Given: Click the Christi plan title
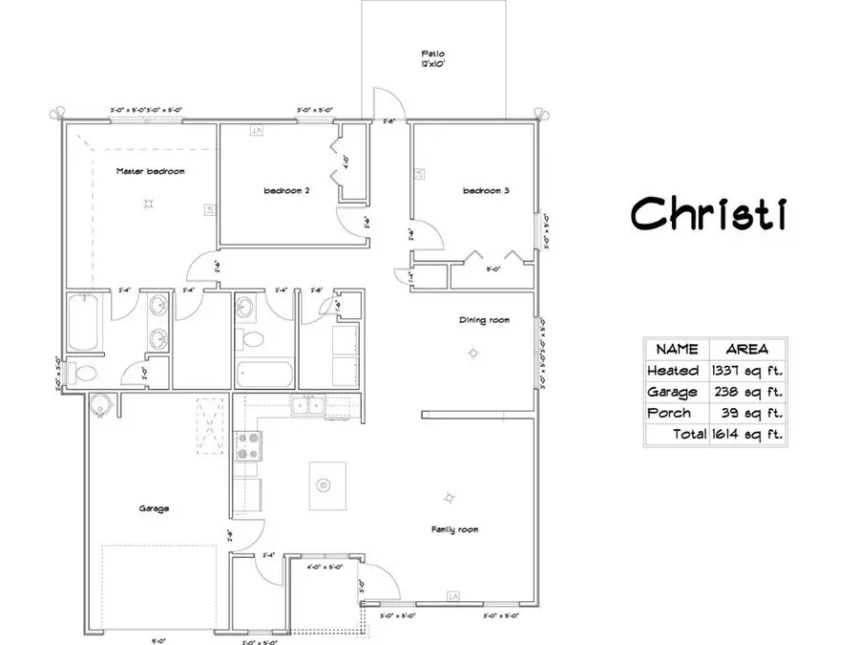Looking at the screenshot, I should pyautogui.click(x=707, y=212).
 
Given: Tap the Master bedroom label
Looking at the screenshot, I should pyautogui.click(x=150, y=172).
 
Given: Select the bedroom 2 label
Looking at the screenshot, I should pyautogui.click(x=286, y=191).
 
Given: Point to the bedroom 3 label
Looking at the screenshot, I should pyautogui.click(x=486, y=191).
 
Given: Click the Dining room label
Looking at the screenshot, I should pyautogui.click(x=480, y=321).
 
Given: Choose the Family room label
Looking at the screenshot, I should pyautogui.click(x=454, y=529).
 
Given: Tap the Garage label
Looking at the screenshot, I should pyautogui.click(x=155, y=509).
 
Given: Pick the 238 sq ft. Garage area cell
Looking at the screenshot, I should pyautogui.click(x=747, y=392).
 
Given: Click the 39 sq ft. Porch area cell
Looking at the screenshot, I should pyautogui.click(x=747, y=413).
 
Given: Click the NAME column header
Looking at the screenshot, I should pyautogui.click(x=678, y=350).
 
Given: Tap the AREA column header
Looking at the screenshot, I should pyautogui.click(x=747, y=350).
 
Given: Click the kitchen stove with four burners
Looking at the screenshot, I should pyautogui.click(x=248, y=446).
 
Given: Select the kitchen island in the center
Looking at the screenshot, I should pyautogui.click(x=324, y=485).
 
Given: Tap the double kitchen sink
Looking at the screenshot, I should pyautogui.click(x=306, y=407).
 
